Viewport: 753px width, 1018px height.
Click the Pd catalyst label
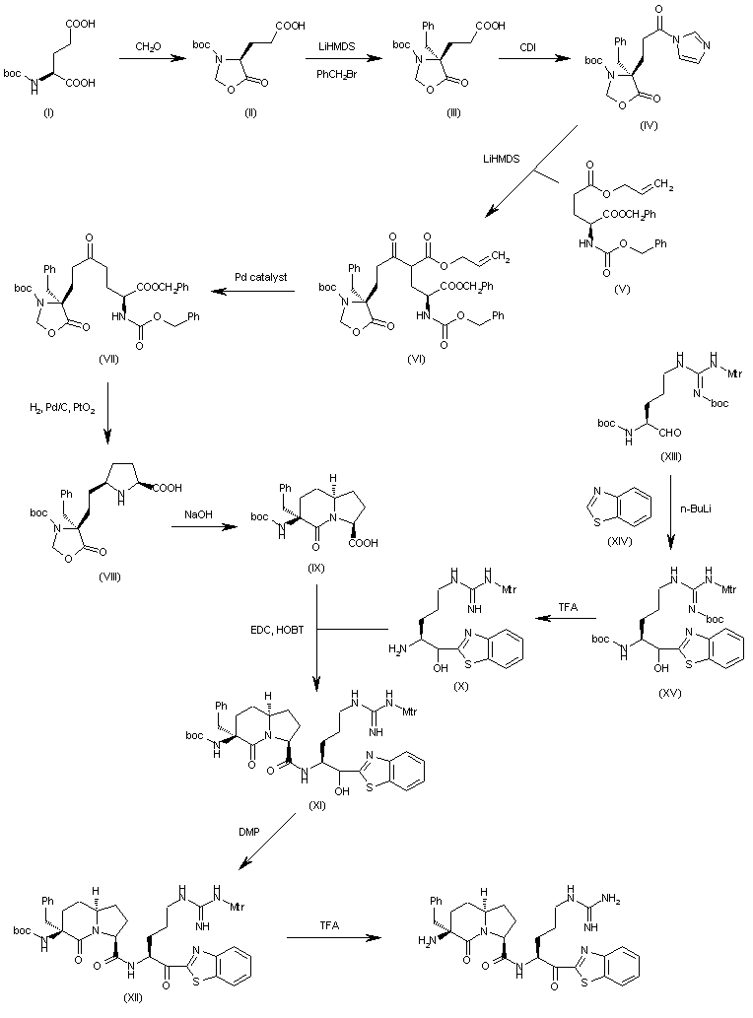point(262,277)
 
